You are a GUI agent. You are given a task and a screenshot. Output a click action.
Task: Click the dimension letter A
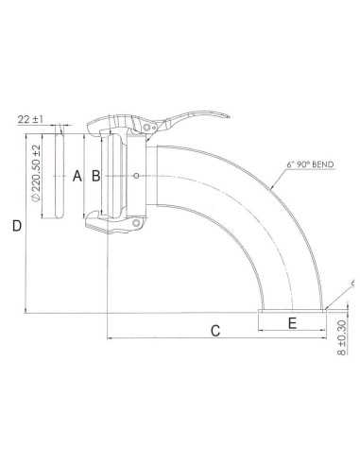tap(76, 175)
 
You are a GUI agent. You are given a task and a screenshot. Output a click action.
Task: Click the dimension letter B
tap(94, 175)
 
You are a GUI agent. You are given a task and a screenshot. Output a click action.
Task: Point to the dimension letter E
tap(292, 322)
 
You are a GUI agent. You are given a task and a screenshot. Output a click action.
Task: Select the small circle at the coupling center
tap(138, 175)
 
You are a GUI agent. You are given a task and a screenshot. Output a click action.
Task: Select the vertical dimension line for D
tap(25, 227)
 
